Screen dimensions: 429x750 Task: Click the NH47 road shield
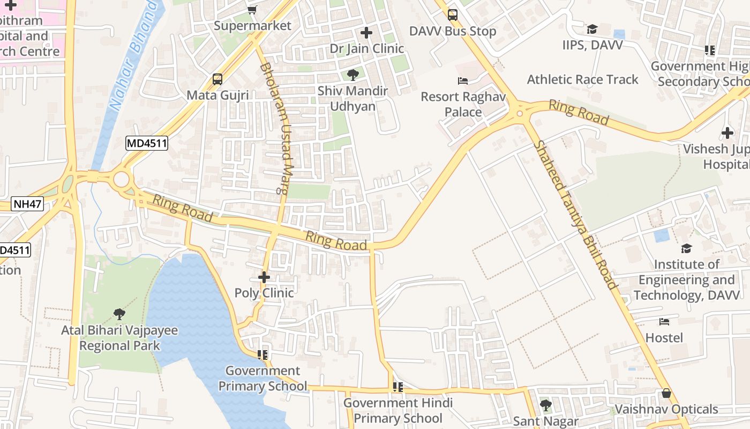[27, 204]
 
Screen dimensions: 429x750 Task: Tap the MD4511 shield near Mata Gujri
[147, 143]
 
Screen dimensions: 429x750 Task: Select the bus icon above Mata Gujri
[217, 79]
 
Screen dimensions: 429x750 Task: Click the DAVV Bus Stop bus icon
[453, 15]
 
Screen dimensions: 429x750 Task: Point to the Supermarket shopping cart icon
[252, 10]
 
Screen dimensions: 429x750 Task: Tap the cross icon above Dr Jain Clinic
[366, 33]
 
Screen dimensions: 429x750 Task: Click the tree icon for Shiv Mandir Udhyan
[352, 75]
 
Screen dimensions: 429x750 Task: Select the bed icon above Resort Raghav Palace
[463, 81]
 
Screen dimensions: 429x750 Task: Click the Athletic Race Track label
[583, 79]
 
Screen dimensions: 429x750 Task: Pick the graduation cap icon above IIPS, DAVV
[592, 29]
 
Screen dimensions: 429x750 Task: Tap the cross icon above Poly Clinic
[264, 277]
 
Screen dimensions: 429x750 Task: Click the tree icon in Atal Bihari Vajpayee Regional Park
[119, 314]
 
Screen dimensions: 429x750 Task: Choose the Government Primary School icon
[262, 354]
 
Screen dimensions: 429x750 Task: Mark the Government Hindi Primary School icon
[397, 387]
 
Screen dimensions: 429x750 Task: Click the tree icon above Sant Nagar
[545, 405]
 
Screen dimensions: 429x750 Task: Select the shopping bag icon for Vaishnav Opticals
[666, 393]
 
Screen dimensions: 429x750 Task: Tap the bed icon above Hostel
[664, 322]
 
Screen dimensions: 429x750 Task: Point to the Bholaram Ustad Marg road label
[278, 128]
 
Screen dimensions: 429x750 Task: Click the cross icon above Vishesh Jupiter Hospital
[727, 132]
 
